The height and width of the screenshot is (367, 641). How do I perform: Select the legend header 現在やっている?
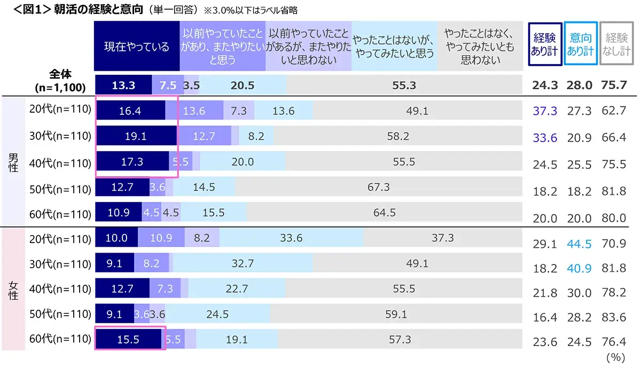[x=136, y=46]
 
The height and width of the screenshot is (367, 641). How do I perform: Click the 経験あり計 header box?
[x=544, y=44]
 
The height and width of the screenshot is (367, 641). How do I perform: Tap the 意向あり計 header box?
[x=580, y=44]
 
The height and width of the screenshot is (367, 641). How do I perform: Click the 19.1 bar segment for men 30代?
[x=136, y=136]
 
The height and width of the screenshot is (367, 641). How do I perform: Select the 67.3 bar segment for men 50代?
[x=378, y=187]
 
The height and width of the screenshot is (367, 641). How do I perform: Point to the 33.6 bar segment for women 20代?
[x=291, y=238]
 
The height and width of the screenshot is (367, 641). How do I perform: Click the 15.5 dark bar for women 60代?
[x=128, y=339]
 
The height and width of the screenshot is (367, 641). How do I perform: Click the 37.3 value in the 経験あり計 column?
[x=545, y=111]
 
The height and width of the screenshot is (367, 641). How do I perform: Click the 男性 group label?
[x=13, y=161]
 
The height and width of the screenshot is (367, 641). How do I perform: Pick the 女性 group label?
[x=13, y=288]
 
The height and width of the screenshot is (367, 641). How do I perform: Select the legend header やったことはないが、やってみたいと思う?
[x=394, y=46]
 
